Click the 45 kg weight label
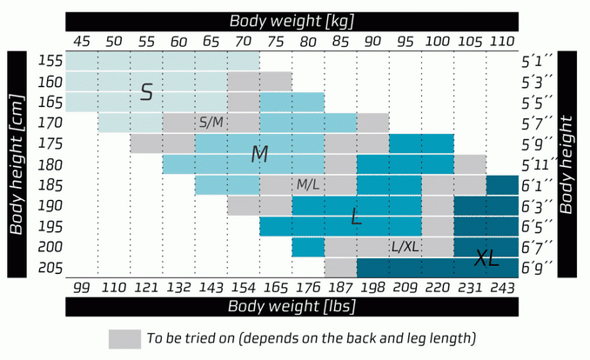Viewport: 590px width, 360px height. pos(82,41)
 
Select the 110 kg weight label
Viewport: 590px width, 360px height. pos(502,41)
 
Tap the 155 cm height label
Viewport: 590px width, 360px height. pos(50,61)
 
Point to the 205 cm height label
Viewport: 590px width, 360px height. pos(50,268)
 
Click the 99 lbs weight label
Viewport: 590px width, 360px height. pos(82,288)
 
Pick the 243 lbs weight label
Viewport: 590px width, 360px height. pos(502,288)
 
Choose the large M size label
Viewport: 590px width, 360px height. pos(259,154)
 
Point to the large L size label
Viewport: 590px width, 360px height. pos(356,217)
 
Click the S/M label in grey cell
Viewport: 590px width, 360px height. pos(211,123)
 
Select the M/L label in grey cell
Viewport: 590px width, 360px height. pos(308,184)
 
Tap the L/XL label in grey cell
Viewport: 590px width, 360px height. pos(406,247)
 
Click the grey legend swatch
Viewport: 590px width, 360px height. pos(124,338)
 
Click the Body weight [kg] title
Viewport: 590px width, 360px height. pos(292,21)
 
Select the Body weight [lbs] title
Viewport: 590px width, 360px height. pos(292,306)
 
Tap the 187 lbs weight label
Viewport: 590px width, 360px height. pos(340,288)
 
